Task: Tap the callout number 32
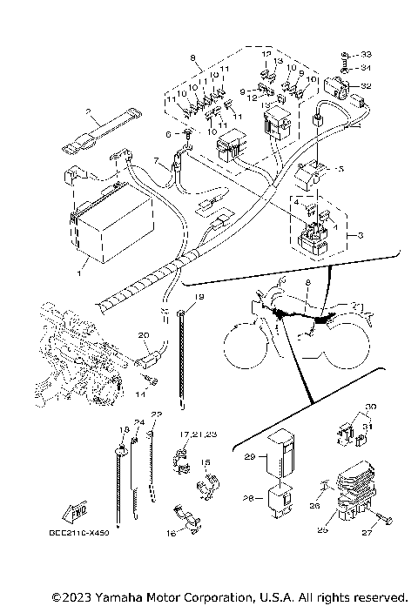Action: click(367, 86)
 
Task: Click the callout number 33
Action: click(366, 54)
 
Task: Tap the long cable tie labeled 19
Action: click(182, 361)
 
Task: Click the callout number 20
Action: click(143, 334)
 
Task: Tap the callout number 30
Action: click(369, 407)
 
